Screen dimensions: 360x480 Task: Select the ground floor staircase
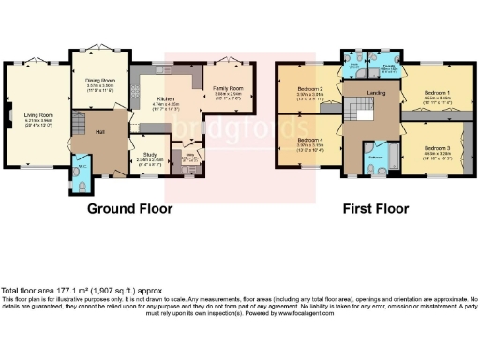pos(82,120)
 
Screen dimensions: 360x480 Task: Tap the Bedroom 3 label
pos(436,149)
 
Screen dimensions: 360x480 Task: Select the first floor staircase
pos(355,113)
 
